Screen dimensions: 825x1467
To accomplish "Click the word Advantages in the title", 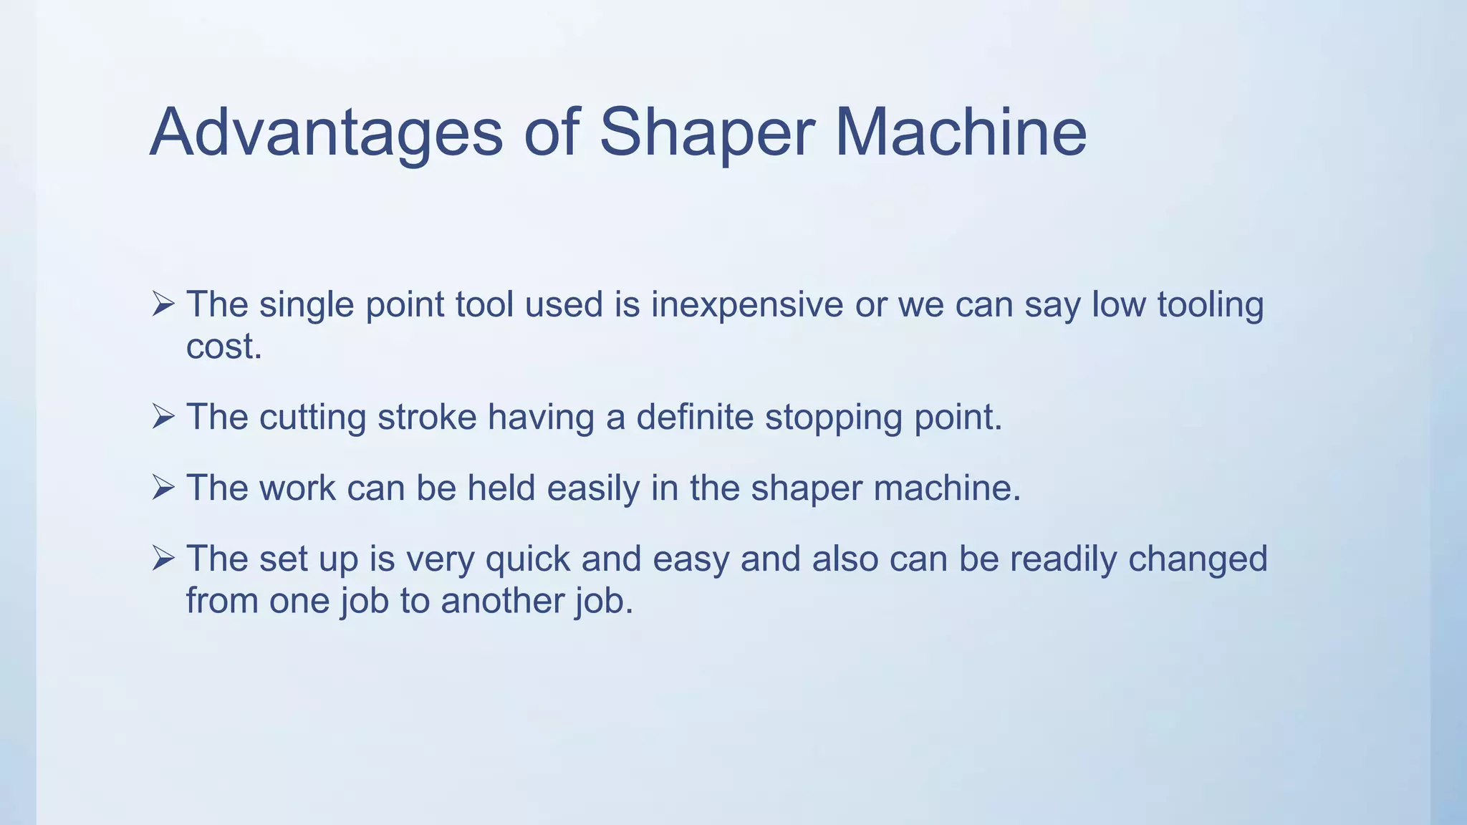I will pyautogui.click(x=326, y=132).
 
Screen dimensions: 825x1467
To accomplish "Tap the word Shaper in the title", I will pyautogui.click(x=706, y=132).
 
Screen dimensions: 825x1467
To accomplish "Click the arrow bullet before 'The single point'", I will pyautogui.click(x=163, y=304).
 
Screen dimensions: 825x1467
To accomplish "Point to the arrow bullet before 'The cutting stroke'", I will pyautogui.click(x=163, y=417).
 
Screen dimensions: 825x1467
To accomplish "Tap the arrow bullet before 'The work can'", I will pyautogui.click(x=163, y=488).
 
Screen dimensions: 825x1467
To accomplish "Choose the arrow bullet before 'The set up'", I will pyautogui.click(x=163, y=559).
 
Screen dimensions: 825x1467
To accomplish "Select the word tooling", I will pyautogui.click(x=1211, y=304).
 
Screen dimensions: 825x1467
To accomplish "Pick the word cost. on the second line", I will pyautogui.click(x=223, y=347).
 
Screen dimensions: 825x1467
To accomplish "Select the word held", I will pyautogui.click(x=501, y=488).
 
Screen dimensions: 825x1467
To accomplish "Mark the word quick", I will pyautogui.click(x=527, y=559).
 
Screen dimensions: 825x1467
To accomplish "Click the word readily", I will pyautogui.click(x=1063, y=559).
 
